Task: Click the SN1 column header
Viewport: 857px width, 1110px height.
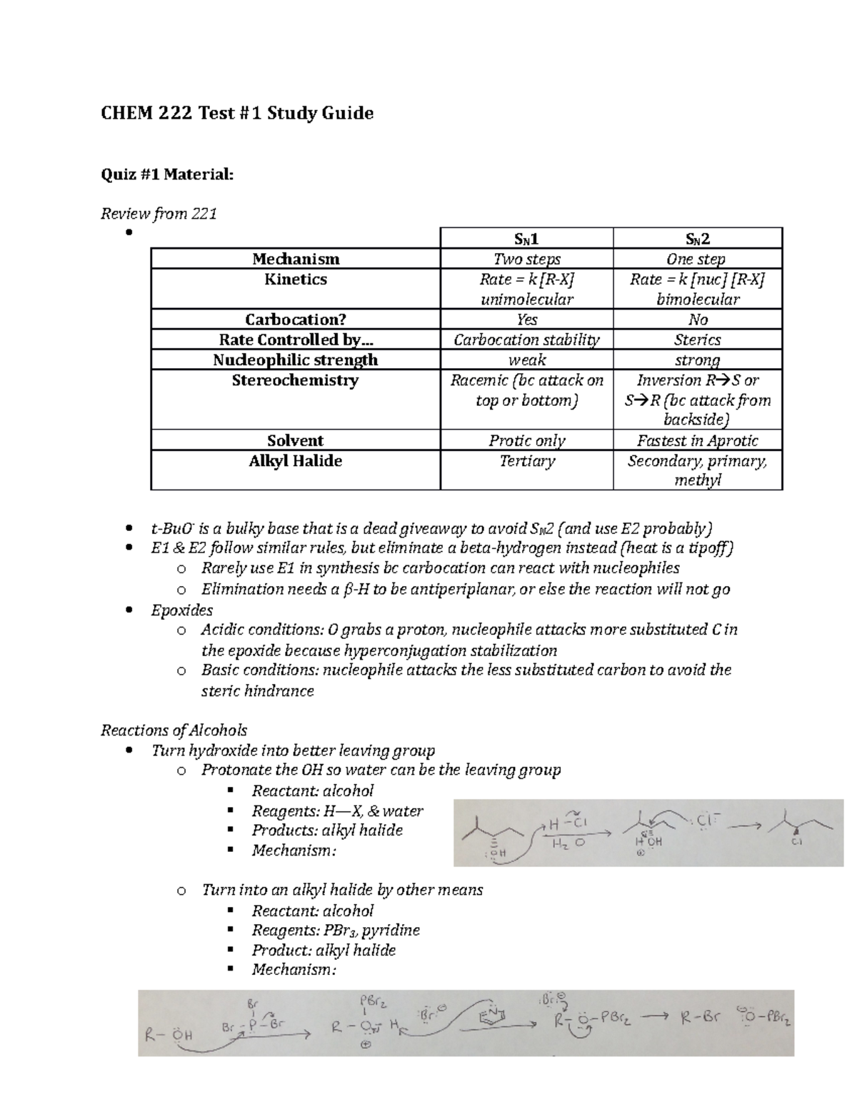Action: pos(526,239)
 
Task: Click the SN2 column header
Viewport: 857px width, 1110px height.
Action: pos(697,239)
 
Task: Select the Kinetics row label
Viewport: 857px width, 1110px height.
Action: pos(295,279)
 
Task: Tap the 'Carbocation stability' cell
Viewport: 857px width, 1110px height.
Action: pos(526,340)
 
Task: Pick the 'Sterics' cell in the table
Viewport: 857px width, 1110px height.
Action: pos(697,340)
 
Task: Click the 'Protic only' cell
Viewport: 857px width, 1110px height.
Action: pos(526,440)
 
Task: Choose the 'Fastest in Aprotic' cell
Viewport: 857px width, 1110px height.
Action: pos(697,440)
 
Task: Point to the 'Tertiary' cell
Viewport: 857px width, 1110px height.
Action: pos(526,461)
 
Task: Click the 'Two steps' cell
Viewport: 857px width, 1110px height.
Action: pos(526,259)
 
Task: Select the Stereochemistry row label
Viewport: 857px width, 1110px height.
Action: pos(295,380)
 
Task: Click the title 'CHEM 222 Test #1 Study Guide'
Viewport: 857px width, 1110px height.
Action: pos(237,113)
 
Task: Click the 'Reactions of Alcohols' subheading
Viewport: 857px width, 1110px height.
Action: pos(174,730)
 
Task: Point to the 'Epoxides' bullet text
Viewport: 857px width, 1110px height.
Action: pos(181,610)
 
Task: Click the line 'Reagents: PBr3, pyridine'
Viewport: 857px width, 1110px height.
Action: pos(335,930)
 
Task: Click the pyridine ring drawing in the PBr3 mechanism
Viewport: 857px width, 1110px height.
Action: pos(497,1016)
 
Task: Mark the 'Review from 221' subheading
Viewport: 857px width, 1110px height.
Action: pos(159,213)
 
